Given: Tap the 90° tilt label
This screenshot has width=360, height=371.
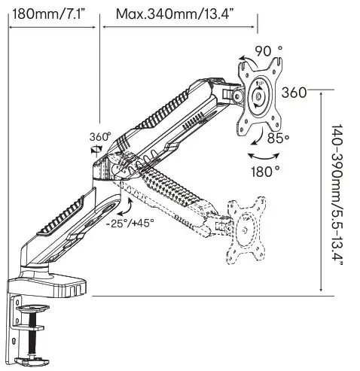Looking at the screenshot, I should [268, 51].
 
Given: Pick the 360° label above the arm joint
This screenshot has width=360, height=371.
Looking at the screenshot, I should [100, 137].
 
